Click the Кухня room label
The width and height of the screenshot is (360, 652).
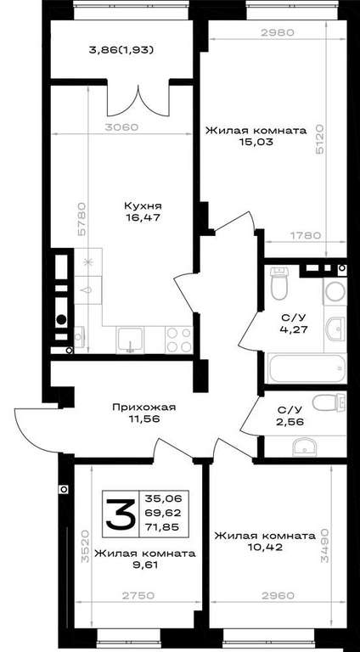click(142, 205)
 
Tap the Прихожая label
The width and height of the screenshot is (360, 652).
click(143, 407)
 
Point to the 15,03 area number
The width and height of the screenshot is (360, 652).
click(256, 142)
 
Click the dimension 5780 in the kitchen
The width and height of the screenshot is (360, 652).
click(82, 219)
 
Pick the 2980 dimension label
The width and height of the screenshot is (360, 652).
click(278, 32)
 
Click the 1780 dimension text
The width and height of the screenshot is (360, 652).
click(305, 235)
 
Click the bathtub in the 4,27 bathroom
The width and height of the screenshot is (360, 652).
click(307, 368)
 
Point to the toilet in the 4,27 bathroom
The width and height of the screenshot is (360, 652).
click(279, 283)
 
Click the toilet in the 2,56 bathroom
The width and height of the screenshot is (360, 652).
click(329, 402)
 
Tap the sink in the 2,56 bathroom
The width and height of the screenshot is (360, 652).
click(304, 447)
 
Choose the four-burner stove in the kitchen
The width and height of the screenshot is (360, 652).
click(179, 340)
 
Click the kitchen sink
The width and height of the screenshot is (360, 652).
click(131, 340)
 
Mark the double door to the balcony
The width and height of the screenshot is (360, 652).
click(138, 100)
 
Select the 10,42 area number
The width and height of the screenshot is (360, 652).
click(265, 547)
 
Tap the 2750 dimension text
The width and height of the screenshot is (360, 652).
click(138, 595)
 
